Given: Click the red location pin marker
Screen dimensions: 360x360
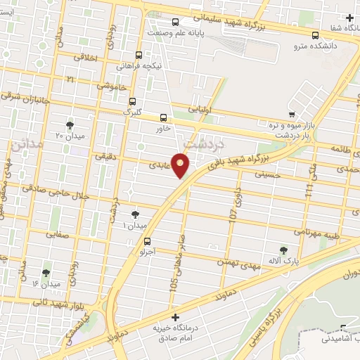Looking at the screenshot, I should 181,165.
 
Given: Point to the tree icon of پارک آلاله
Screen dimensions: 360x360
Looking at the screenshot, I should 283,250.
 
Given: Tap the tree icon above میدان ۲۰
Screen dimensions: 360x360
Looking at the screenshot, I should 70,125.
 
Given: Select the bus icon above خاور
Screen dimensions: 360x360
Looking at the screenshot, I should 164,118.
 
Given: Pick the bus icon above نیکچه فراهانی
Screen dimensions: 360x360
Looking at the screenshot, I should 139,55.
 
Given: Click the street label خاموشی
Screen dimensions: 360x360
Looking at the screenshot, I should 111,85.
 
